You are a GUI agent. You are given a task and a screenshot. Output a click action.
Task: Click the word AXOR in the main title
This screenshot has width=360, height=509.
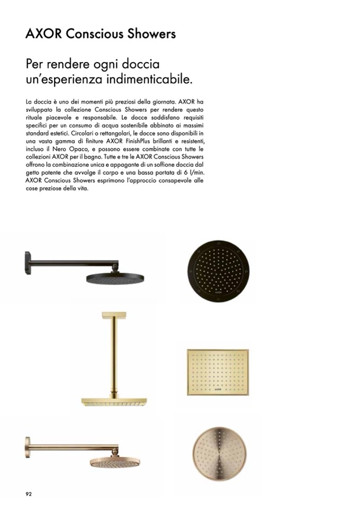[45, 34]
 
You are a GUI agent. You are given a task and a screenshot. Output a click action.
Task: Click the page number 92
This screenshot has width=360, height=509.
[29, 494]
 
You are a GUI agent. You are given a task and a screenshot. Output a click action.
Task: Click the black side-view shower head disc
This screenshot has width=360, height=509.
[116, 278]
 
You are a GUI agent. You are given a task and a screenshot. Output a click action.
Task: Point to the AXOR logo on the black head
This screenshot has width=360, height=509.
[219, 291]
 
